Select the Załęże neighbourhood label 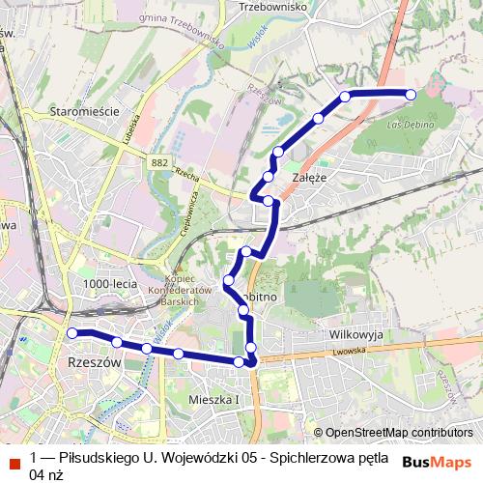click(308, 179)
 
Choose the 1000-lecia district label click(109, 283)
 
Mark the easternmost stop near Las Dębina click(411, 95)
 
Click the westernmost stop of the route click(71, 333)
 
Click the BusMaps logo click(437, 461)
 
